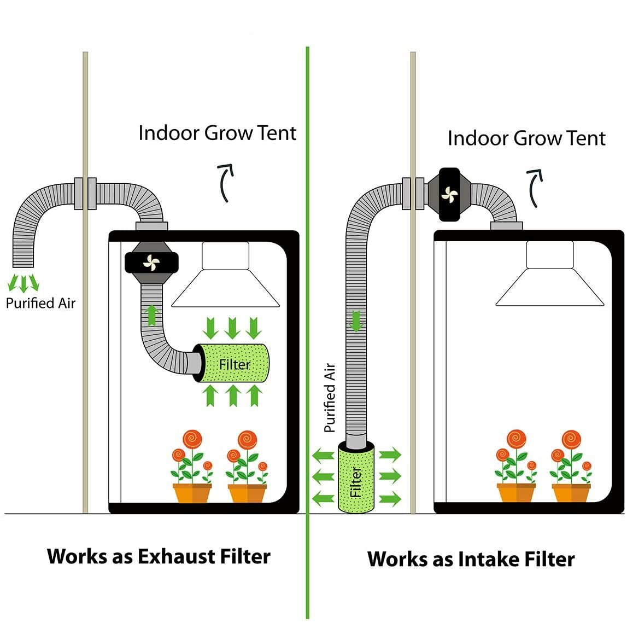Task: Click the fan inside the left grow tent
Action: click(x=151, y=263)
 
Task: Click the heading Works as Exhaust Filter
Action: click(x=159, y=556)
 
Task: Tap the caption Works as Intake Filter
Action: click(x=471, y=559)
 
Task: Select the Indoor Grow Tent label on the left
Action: click(x=217, y=133)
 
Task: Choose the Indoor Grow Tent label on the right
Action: click(x=526, y=138)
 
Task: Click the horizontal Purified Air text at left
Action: click(x=40, y=303)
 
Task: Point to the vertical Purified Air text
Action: click(x=330, y=398)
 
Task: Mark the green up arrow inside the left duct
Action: click(x=151, y=316)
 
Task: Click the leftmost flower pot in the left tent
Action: click(x=192, y=492)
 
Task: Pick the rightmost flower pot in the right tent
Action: click(x=571, y=492)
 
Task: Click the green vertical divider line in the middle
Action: click(x=308, y=273)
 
